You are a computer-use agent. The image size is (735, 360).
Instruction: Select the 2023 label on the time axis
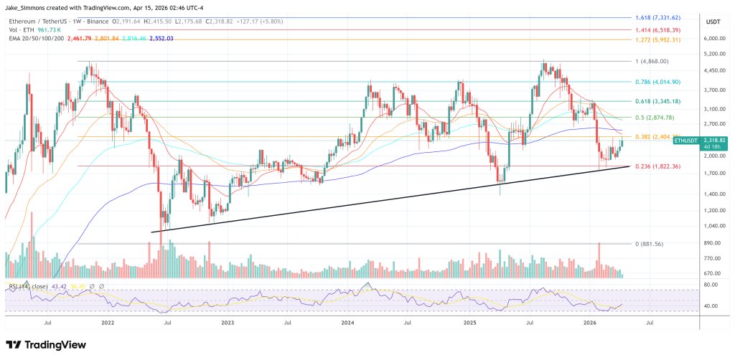(228, 323)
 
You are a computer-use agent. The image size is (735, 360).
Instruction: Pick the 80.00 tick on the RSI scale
(710, 285)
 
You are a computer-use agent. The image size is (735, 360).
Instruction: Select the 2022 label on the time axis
(108, 323)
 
